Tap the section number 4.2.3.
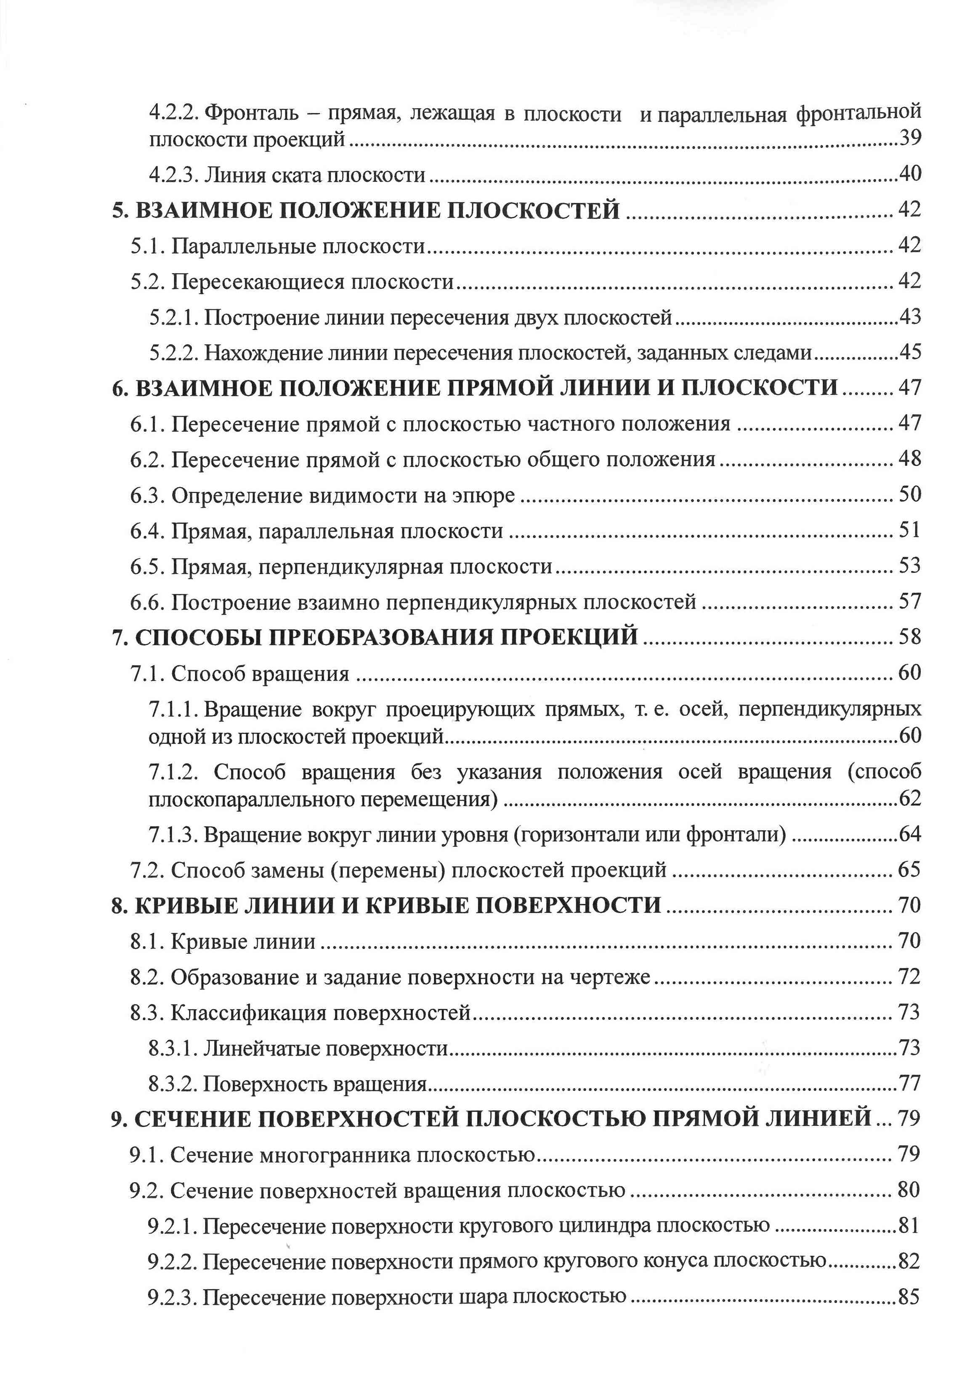pos(174,175)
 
